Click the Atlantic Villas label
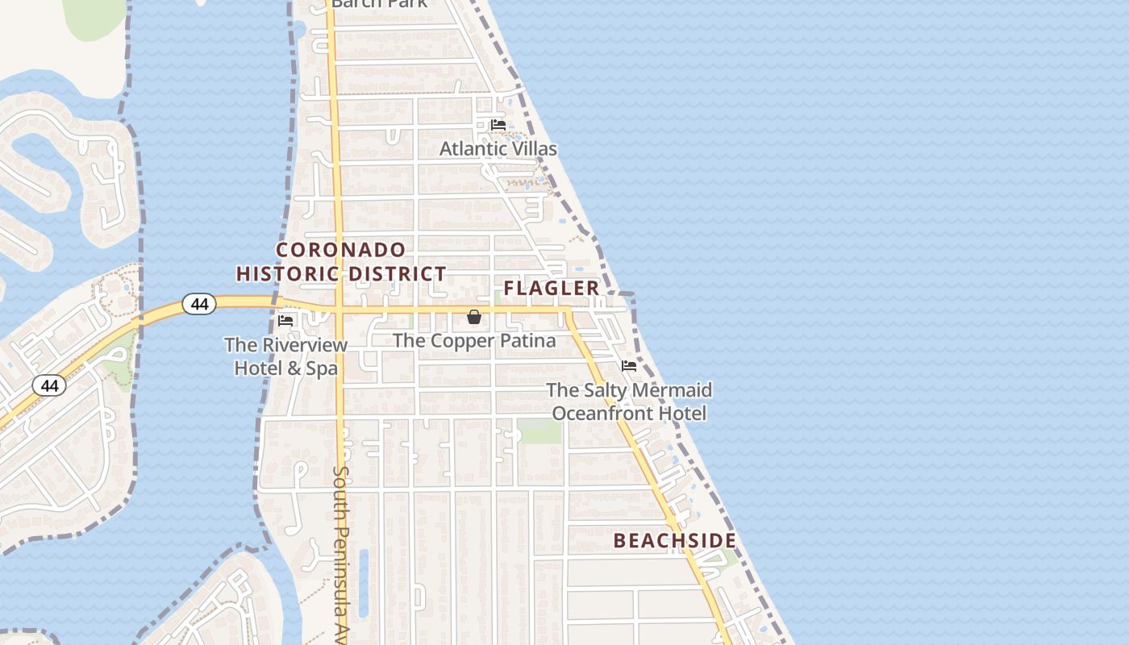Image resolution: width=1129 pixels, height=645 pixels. pos(498,149)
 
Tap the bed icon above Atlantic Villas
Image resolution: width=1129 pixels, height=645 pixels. pos(498,125)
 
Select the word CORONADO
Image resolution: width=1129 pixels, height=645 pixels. pos(341,249)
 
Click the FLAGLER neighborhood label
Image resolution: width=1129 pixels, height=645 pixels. pos(552,289)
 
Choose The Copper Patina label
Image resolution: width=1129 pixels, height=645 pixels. pos(474,341)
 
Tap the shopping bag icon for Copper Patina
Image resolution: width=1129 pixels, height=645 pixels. pos(474,318)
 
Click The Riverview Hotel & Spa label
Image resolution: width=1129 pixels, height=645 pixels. pos(286,356)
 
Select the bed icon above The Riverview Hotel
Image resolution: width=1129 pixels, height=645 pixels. pos(285,320)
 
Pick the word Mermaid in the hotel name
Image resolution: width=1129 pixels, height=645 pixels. pos(670,390)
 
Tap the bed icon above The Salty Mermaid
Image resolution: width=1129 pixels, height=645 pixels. pos(629,366)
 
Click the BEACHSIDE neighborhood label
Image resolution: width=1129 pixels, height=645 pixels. pos(674,541)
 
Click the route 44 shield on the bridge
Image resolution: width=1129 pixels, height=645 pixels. pos(199,304)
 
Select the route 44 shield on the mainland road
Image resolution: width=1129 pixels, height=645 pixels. pos(49,386)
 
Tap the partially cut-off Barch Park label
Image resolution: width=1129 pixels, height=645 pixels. pos(379,4)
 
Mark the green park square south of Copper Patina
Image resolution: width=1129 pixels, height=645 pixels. pos(539,431)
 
